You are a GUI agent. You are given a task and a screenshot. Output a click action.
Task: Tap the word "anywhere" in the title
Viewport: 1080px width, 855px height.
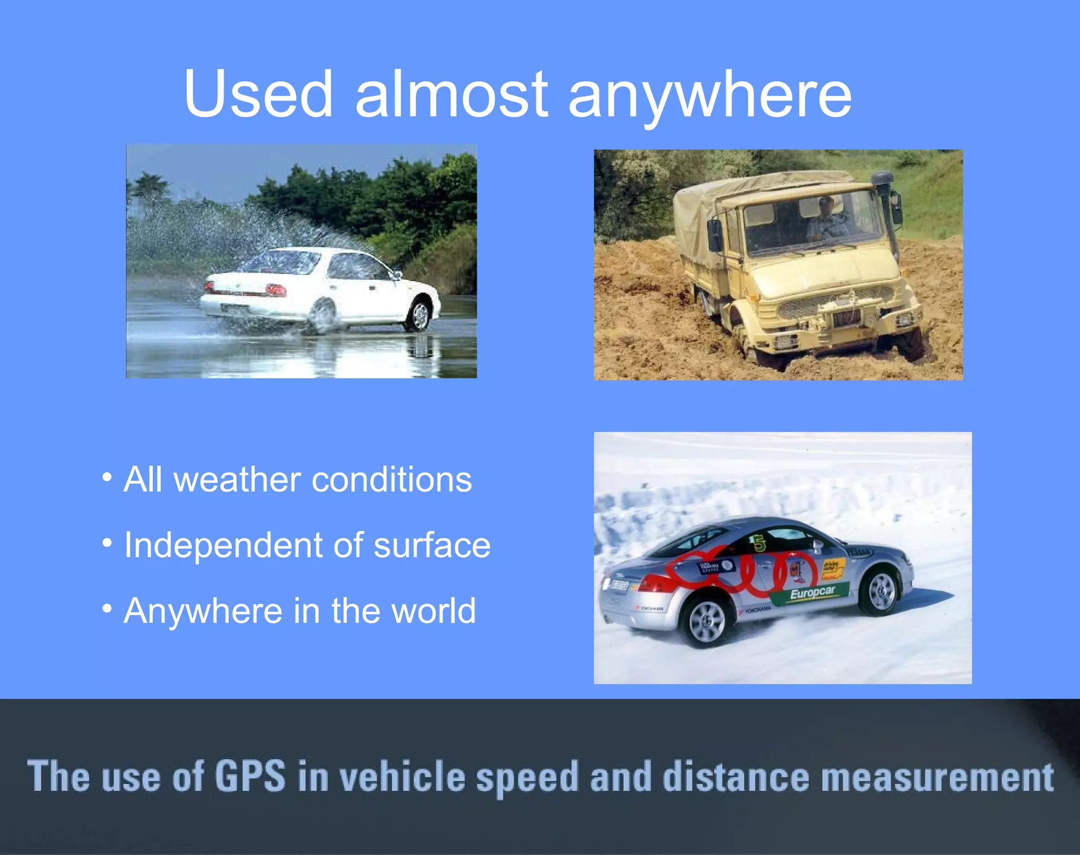coord(709,98)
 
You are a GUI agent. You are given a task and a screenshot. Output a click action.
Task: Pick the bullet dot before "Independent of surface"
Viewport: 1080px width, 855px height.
coord(107,543)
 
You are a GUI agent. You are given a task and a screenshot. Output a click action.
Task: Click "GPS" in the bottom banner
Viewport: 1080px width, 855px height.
coord(250,776)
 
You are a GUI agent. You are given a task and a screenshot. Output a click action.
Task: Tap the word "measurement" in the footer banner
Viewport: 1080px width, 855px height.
coord(938,777)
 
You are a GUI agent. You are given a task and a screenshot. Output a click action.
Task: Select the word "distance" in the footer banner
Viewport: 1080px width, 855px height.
coord(736,777)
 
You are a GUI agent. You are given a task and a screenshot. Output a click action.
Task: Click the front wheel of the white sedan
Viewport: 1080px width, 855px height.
coord(420,316)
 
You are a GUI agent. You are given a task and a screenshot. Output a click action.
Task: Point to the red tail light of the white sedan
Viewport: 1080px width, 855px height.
coord(275,289)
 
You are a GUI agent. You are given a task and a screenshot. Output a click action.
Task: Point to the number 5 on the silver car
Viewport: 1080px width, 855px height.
coord(759,543)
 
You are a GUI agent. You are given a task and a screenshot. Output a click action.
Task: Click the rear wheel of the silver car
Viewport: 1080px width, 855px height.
coord(707,622)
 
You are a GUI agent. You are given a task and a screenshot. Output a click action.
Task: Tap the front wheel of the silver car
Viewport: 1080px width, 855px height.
coord(880,591)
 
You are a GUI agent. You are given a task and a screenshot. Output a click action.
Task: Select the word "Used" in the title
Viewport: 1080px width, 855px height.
coord(258,95)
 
